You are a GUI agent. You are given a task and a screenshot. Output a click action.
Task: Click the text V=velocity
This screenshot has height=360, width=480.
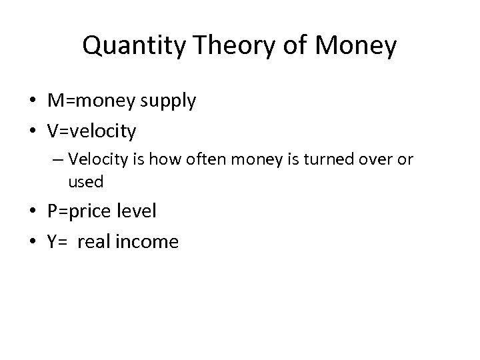[x=91, y=131]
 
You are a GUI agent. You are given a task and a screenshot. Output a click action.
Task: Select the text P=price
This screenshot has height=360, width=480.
[x=77, y=212]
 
